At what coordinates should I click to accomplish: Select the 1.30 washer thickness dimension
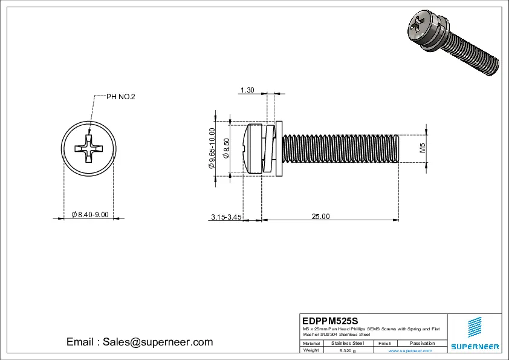pyautogui.click(x=247, y=90)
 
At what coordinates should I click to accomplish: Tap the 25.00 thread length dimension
pyautogui.click(x=320, y=217)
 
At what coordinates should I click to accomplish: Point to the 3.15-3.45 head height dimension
pyautogui.click(x=227, y=217)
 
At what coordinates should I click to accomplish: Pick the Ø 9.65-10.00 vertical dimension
pyautogui.click(x=212, y=149)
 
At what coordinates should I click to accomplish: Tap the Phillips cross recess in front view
pyautogui.click(x=88, y=149)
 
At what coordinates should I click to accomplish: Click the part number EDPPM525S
pyautogui.click(x=330, y=320)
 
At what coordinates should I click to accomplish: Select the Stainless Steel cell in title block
pyautogui.click(x=348, y=343)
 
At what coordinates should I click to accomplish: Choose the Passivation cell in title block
pyautogui.click(x=422, y=343)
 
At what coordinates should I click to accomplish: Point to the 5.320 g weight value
pyautogui.click(x=348, y=350)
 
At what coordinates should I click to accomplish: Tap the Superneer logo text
pyautogui.click(x=475, y=347)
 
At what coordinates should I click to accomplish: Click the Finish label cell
pyautogui.click(x=384, y=343)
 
